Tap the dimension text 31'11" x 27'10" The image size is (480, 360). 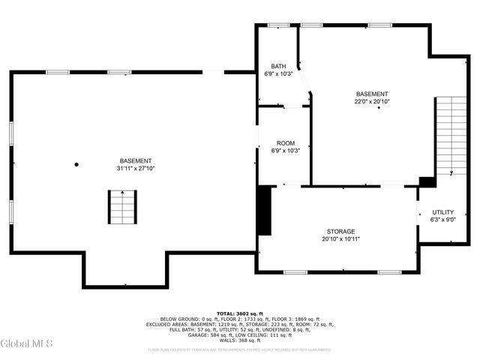click(x=135, y=169)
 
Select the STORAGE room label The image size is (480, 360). click(x=340, y=232)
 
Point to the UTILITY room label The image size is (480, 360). click(x=442, y=212)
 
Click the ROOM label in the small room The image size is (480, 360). click(x=285, y=142)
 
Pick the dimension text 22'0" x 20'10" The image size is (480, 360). click(x=372, y=101)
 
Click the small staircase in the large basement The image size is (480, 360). click(x=121, y=208)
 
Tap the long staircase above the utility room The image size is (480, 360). click(x=451, y=135)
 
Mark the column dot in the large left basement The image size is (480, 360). click(x=76, y=164)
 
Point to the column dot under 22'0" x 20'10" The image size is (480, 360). click(x=379, y=108)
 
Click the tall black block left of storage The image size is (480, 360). click(x=264, y=211)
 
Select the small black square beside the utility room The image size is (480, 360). click(x=427, y=181)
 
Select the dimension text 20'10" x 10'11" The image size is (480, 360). click(x=340, y=239)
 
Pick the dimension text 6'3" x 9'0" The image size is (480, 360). click(x=442, y=220)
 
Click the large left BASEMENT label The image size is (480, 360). click(x=135, y=161)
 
